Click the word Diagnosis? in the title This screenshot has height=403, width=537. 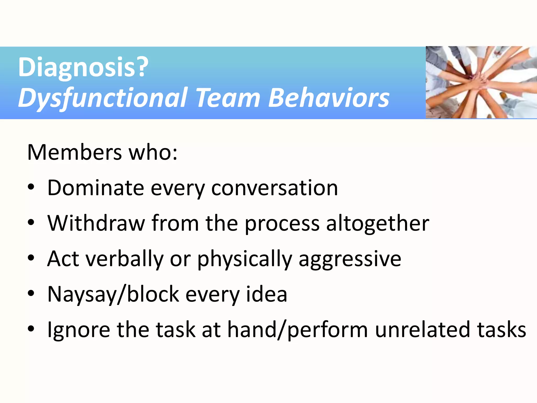[x=83, y=67]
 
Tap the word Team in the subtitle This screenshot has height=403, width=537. [x=228, y=98]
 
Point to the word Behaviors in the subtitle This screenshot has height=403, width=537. [x=329, y=98]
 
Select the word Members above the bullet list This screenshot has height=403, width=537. [x=74, y=152]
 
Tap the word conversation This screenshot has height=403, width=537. [x=275, y=188]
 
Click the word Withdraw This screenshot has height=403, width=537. [x=96, y=223]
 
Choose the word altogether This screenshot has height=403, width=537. [x=378, y=223]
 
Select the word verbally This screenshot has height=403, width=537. [x=125, y=259]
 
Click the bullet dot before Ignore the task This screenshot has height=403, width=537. [x=31, y=329]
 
